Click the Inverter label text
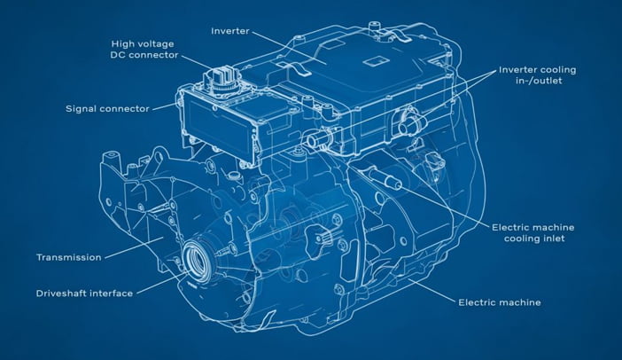pyautogui.click(x=230, y=31)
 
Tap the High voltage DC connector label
pyautogui.click(x=144, y=50)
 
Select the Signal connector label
pyautogui.click(x=107, y=108)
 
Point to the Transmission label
pyautogui.click(x=69, y=257)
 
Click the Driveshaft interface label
pyautogui.click(x=84, y=293)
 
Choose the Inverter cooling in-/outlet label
pyautogui.click(x=538, y=75)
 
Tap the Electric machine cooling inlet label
pyautogui.click(x=533, y=232)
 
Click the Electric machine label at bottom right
pyautogui.click(x=500, y=302)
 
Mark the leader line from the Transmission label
pyautogui.click(x=134, y=247)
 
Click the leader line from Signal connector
pyautogui.click(x=163, y=106)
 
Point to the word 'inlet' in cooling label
pyautogui.click(x=554, y=239)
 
